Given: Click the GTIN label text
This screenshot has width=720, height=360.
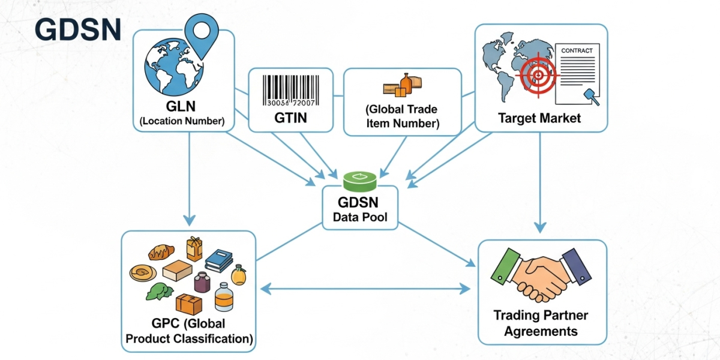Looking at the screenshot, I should (x=290, y=118).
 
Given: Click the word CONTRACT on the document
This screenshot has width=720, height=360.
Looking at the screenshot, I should (x=577, y=51).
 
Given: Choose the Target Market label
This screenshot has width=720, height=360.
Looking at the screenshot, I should (x=539, y=118).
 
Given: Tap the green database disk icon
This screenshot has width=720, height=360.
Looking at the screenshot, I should (x=359, y=178).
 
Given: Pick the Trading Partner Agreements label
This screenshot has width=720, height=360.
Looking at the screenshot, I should (x=541, y=323).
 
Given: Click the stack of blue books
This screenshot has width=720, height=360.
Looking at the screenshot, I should (x=218, y=261).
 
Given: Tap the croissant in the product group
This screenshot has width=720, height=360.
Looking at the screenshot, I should (x=161, y=251).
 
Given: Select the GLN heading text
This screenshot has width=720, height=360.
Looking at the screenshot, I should (x=182, y=108).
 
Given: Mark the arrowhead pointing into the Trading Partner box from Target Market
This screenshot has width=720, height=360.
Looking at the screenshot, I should (x=540, y=227).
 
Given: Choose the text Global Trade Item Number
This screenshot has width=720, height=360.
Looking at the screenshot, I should (x=402, y=116).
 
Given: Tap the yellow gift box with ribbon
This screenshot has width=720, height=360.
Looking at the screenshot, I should (x=194, y=248).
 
